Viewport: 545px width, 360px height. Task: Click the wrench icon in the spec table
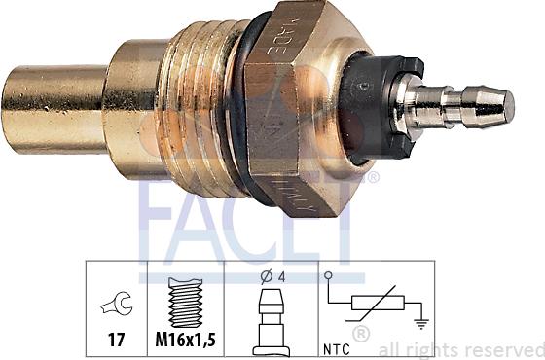click(114, 306)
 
